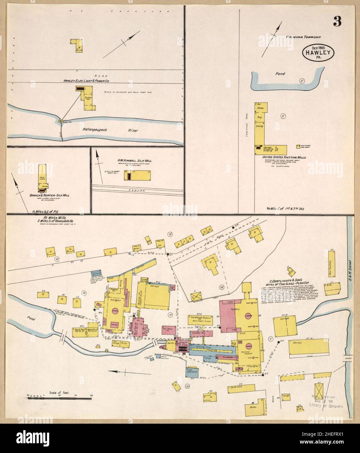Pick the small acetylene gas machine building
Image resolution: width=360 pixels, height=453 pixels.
(x=298, y=146)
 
